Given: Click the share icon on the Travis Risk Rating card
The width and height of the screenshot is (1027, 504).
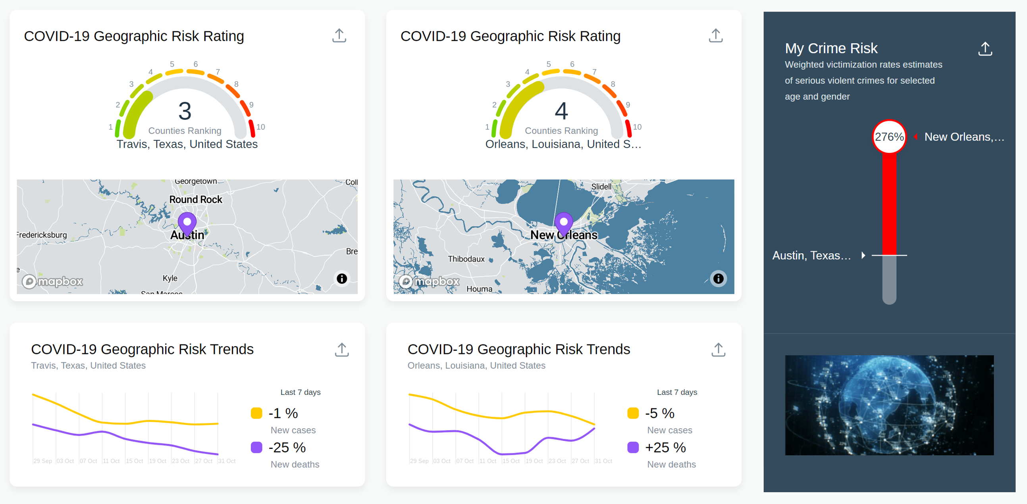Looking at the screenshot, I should coord(339,35).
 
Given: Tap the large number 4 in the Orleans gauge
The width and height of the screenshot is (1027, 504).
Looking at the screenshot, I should coord(561,111).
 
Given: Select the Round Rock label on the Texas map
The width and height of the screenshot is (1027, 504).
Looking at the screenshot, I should coord(195,199).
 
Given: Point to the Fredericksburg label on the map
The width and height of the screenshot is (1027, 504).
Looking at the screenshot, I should coord(42,235).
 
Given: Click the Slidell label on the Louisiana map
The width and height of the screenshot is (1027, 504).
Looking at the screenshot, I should coord(601,187).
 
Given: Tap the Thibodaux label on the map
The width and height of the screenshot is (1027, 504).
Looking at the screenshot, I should coord(466,259).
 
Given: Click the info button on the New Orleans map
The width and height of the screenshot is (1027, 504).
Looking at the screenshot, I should coord(718,278).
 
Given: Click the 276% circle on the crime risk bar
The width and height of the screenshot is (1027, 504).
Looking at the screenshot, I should coord(889,137).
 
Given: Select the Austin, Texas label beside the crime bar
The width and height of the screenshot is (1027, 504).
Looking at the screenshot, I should coord(811,256).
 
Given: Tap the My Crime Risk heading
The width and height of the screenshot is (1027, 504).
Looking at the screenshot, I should coord(831,48).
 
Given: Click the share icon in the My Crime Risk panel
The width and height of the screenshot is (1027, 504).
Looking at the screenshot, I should coord(985,48).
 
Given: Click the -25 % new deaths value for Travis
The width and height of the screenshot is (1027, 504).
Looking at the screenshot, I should coord(287,447).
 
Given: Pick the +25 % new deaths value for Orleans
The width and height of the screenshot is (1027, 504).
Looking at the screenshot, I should coord(665,447).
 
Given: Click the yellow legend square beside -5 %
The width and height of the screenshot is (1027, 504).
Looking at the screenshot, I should coord(633,413).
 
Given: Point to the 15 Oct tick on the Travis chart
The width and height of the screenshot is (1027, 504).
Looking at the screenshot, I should coord(134,461).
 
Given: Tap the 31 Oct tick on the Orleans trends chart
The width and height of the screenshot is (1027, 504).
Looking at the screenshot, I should coord(603,461).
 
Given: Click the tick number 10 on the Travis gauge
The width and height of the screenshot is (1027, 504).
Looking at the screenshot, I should coord(260,127).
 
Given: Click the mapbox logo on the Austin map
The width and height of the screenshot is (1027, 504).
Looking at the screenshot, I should coord(52,281).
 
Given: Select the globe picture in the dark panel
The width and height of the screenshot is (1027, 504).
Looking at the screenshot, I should coord(889,405).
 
